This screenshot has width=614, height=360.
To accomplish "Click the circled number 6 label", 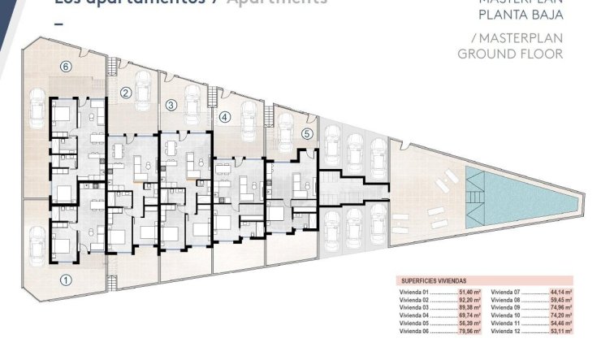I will pos(67,67).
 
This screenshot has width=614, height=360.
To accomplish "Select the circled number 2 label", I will pos(126,93).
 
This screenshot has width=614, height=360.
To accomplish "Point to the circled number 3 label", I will pos(171,105).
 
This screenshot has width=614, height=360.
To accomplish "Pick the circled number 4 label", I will pos(225,115).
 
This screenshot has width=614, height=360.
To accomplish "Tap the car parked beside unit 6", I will pos(38,106).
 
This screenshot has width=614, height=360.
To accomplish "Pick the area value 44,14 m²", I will pos(562,290).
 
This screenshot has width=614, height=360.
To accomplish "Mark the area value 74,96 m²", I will pos(562,308).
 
